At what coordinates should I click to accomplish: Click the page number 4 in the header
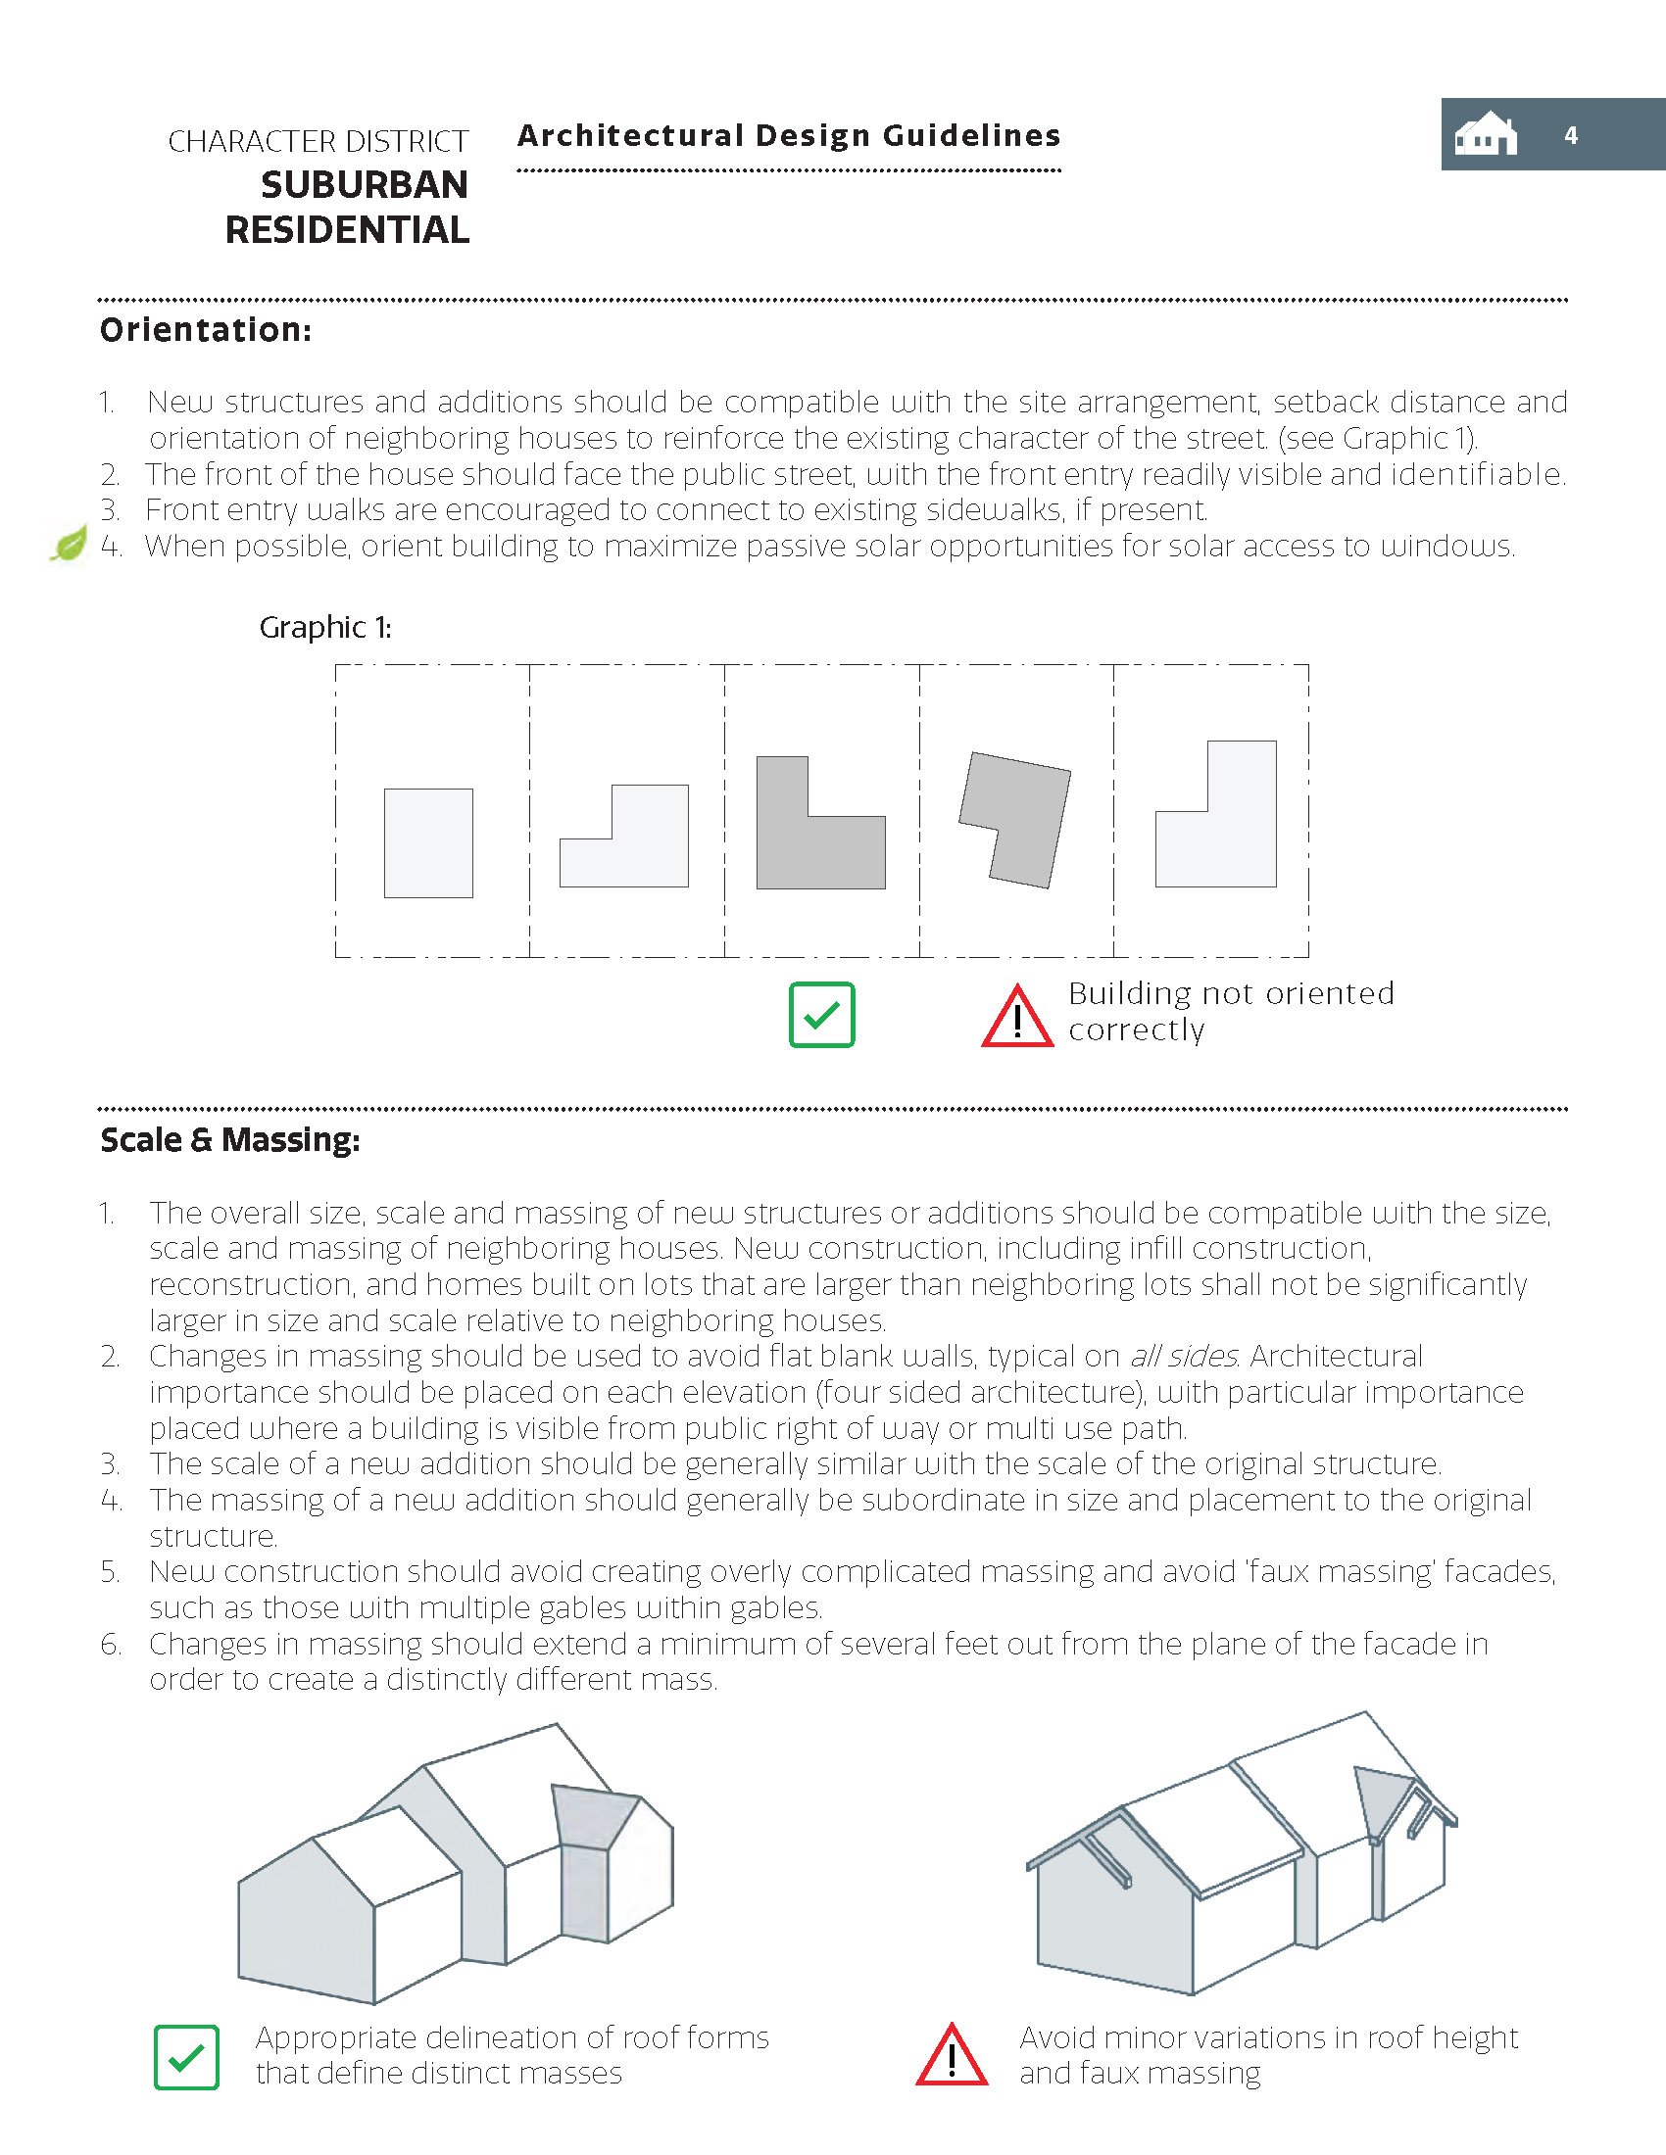pos(1570,135)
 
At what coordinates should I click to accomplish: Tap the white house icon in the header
pos(1486,135)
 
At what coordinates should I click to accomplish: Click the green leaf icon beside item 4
pos(69,544)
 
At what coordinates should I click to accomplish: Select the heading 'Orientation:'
pos(205,329)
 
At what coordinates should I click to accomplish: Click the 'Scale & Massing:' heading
pos(230,1139)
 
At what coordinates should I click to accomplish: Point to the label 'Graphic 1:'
pos(324,628)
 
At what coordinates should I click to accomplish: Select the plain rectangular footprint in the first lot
pos(428,842)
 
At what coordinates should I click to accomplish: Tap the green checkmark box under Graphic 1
pos(821,1015)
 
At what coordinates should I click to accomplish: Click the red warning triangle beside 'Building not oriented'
pos(1017,1017)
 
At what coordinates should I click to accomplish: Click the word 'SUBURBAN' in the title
pos(365,185)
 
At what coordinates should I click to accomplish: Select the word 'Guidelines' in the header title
pos(971,135)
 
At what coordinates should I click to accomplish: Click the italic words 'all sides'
pos(1183,1357)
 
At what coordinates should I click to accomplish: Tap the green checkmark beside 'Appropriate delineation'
pos(186,2057)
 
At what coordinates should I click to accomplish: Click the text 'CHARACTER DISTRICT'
pos(318,142)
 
